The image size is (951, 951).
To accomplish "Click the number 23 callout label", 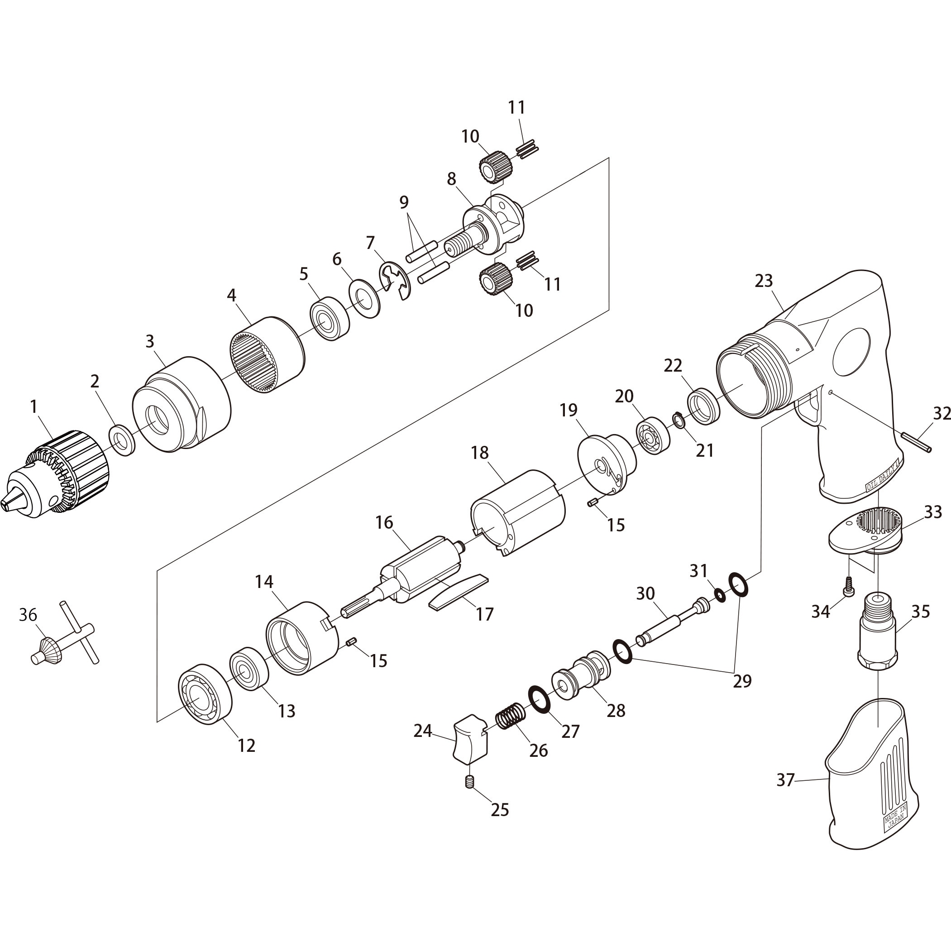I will pos(764,281).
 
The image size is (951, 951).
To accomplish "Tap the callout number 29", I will pos(742,681).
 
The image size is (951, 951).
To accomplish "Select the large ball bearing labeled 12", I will pos(205,694).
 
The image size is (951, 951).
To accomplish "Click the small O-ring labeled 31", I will pos(720,596).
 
